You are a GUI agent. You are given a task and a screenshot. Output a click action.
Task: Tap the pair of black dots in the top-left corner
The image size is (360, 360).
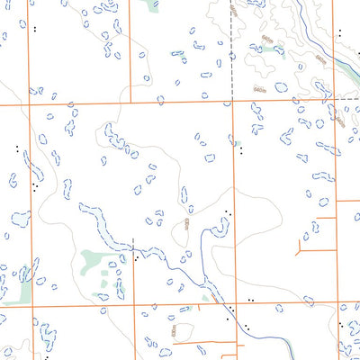coord(34,29)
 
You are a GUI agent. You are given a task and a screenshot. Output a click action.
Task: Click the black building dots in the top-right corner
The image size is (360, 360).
coord(340,33)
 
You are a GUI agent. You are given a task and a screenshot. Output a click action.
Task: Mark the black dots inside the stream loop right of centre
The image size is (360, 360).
coord(226,213)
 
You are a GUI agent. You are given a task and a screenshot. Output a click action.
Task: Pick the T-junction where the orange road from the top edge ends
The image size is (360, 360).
coord(129,103)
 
